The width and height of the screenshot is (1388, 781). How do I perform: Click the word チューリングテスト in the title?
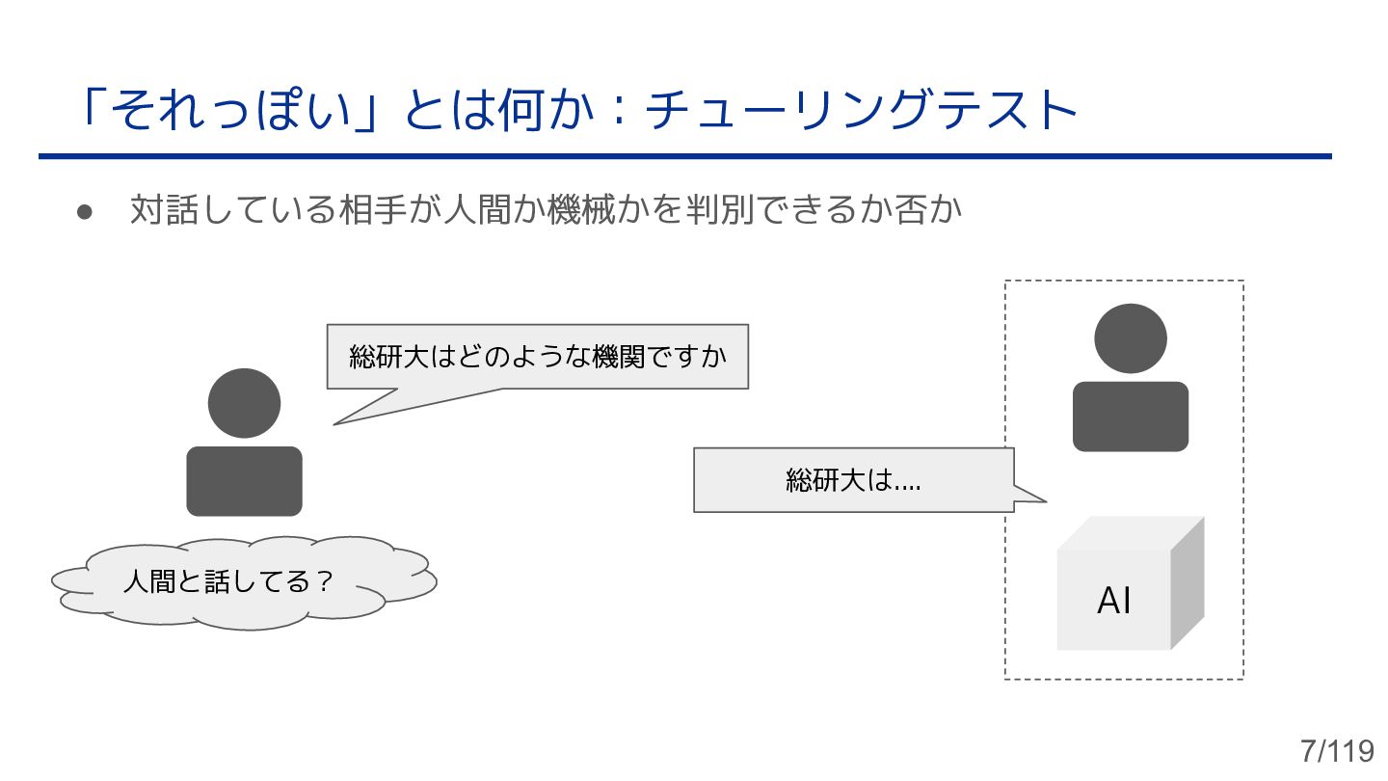point(861,111)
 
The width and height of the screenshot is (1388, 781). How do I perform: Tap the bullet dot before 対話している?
point(85,211)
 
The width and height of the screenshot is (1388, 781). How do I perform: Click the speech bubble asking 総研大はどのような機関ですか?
point(537,357)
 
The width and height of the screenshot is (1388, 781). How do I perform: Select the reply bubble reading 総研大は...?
point(853,480)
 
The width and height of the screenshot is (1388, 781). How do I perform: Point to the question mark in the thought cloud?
point(325,582)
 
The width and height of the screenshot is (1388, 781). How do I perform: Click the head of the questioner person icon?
point(244,403)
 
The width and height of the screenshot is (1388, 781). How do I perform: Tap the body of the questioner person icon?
point(244,480)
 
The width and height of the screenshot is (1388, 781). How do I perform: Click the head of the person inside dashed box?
point(1131,338)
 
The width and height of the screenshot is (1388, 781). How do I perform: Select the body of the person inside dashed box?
point(1131,416)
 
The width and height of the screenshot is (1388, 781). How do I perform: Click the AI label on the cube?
point(1114,601)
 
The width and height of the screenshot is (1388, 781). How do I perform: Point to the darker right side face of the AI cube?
point(1188,583)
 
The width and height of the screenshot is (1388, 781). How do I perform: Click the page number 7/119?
point(1336,750)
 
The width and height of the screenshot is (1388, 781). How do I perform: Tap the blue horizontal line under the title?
point(684,156)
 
